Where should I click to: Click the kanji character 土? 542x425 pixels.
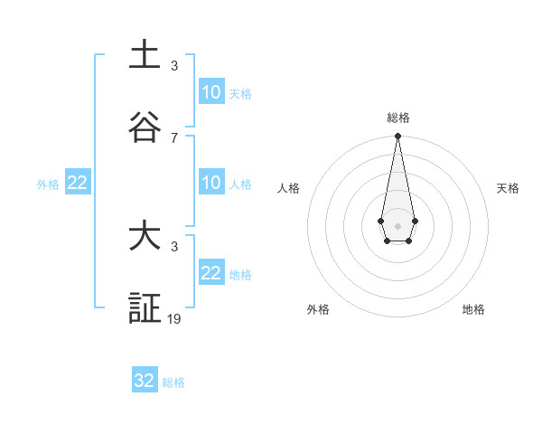click(145, 56)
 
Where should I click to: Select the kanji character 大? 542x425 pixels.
click(145, 237)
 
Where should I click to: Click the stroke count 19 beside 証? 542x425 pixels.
click(174, 318)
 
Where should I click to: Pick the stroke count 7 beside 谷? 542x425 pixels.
click(174, 137)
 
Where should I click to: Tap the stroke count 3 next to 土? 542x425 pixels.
click(174, 66)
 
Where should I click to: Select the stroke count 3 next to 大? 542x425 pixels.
click(174, 247)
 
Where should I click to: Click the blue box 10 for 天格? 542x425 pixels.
click(211, 92)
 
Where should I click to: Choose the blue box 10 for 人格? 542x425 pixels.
click(211, 184)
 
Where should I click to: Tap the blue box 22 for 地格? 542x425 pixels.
click(211, 273)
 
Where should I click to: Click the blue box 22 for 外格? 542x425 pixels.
click(78, 184)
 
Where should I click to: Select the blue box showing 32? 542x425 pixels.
click(145, 381)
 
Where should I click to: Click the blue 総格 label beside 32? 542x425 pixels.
click(173, 382)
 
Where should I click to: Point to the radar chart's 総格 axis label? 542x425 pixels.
click(398, 118)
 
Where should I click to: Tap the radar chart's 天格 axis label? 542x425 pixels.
click(508, 188)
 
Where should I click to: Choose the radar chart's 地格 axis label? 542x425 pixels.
click(473, 309)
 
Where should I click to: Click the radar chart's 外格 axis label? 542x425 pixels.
click(318, 309)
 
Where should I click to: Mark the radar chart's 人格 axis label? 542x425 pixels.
click(289, 188)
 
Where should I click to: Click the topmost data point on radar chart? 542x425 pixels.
click(397, 137)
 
